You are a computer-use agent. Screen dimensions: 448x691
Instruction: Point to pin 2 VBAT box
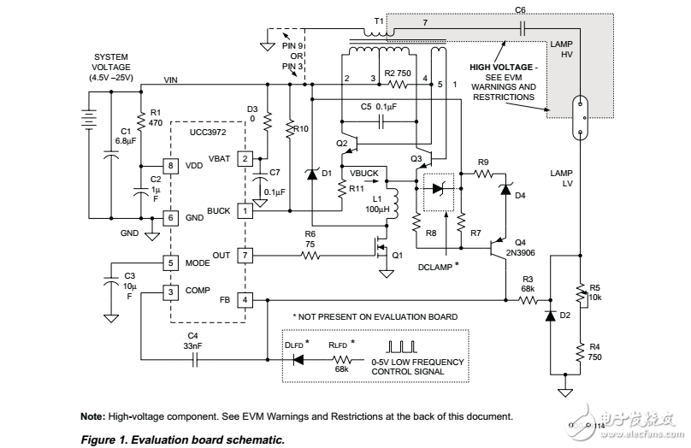(245, 158)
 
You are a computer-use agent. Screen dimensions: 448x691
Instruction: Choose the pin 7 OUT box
(245, 255)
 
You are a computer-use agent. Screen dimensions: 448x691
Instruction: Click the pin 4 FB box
(245, 300)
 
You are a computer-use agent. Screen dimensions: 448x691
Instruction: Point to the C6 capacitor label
(521, 9)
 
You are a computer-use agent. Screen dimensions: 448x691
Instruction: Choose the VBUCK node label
(365, 172)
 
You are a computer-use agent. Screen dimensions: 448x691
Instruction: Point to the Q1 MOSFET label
(397, 254)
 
